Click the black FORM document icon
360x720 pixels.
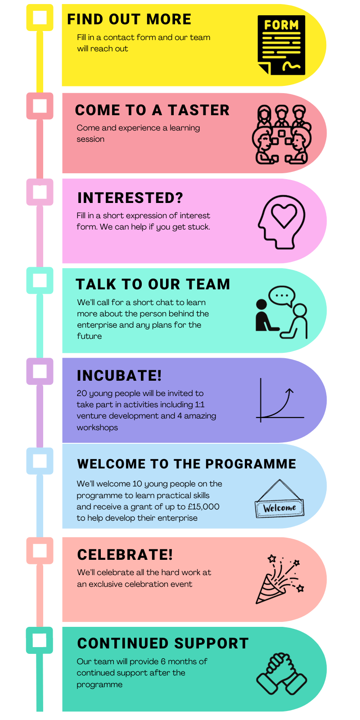point(282,45)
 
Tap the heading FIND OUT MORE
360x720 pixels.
point(129,19)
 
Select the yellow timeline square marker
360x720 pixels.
point(40,18)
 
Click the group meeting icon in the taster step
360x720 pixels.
point(282,135)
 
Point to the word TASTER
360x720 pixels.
point(198,110)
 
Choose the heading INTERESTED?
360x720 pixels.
point(130,198)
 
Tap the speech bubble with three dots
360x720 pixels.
point(282,296)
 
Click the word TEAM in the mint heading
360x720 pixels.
point(208,284)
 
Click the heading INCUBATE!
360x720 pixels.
point(119,375)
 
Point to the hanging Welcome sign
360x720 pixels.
point(279,499)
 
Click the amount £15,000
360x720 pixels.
point(203,507)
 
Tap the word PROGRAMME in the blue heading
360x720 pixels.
point(251,464)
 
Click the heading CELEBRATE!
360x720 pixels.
point(125,554)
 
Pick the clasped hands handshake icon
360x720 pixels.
point(282,673)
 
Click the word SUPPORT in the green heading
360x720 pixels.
point(211,643)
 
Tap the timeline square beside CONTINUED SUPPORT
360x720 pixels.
point(40,640)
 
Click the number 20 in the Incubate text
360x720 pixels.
point(81,393)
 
